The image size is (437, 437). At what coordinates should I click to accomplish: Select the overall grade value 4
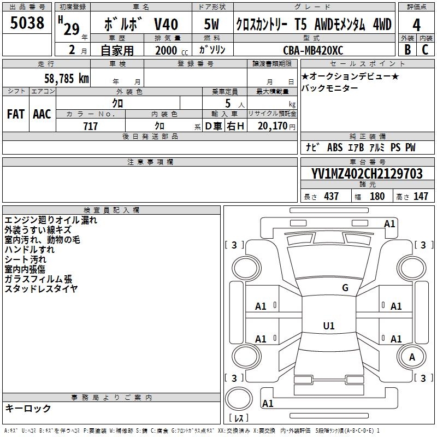416,25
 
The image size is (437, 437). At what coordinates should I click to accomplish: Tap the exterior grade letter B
407,49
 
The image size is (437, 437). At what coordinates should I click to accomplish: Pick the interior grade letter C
425,49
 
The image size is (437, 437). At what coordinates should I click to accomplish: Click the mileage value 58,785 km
66,78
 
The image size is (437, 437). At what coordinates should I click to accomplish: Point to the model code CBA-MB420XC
314,50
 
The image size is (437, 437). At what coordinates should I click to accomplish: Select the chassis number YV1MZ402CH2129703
367,174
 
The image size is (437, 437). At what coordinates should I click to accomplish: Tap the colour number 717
90,127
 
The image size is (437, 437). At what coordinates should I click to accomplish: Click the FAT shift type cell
16,114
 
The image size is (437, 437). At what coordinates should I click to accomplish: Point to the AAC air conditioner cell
42,114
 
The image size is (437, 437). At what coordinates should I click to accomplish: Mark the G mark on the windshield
345,288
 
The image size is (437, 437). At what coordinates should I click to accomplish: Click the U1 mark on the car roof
328,326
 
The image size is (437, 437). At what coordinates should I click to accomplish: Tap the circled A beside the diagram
412,357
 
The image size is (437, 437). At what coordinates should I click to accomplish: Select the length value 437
331,196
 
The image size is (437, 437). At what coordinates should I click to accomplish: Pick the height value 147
421,196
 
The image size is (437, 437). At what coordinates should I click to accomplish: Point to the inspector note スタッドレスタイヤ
41,288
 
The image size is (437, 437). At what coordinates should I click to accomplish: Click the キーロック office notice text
28,409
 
